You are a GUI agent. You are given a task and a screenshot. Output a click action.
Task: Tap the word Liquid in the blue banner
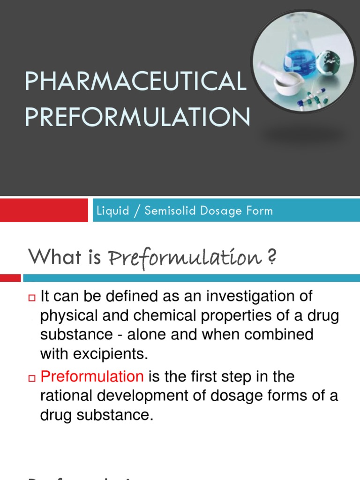coord(112,210)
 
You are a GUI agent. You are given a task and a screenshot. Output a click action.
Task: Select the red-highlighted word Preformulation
coord(92,376)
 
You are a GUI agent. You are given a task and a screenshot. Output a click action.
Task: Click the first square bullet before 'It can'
coord(32,297)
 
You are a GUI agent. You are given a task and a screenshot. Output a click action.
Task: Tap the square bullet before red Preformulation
coord(32,377)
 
